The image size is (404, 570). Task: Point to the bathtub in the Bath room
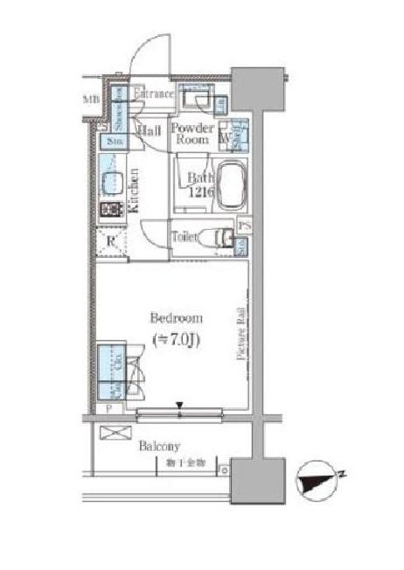click(231, 185)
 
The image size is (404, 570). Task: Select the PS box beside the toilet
click(243, 226)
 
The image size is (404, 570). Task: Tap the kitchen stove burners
click(112, 211)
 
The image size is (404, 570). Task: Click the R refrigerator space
click(111, 243)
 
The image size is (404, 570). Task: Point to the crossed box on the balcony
click(113, 433)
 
